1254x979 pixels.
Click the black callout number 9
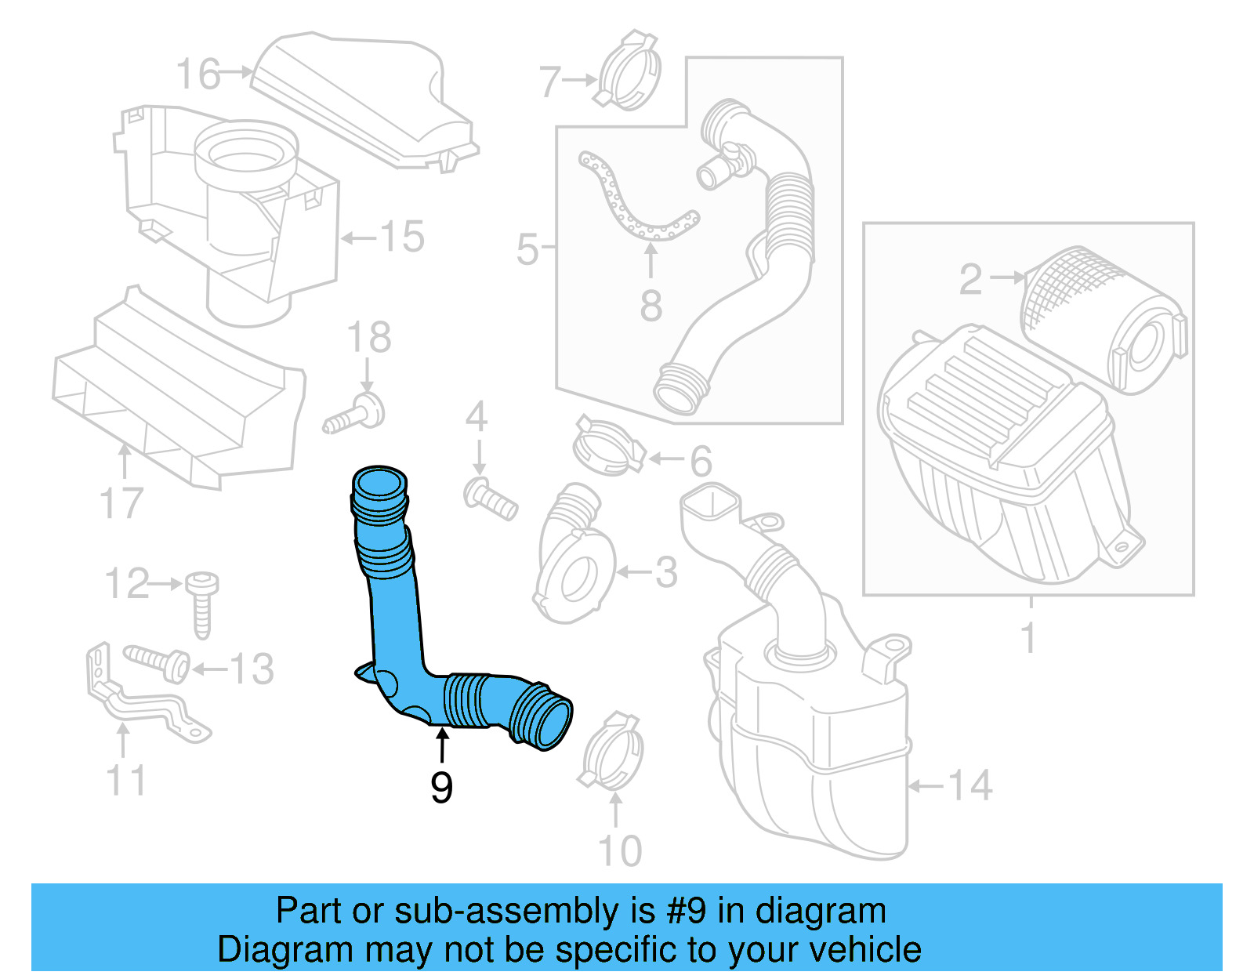441,786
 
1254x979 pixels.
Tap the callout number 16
198,74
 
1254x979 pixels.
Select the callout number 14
970,785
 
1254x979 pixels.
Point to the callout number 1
1029,637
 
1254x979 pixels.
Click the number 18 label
368,338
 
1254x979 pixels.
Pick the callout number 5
527,249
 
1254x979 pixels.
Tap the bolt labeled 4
491,499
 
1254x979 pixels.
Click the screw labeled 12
202,604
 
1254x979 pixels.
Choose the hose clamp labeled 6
607,447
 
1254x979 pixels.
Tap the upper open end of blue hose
381,483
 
